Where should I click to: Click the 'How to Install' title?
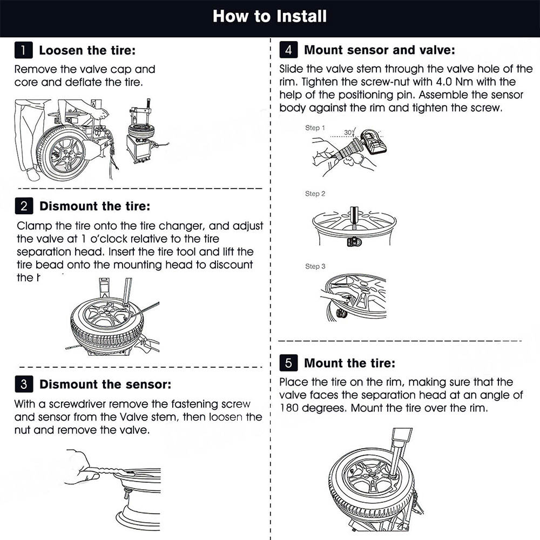coord(269,16)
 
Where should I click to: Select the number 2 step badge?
coord(23,206)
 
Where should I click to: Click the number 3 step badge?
coord(23,384)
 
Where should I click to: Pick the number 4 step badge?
coord(288,50)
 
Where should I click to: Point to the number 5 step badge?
coord(288,363)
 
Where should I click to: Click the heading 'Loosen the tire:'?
coord(87,51)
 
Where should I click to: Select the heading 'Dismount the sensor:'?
coord(105,384)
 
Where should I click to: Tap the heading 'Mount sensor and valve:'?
coord(379,50)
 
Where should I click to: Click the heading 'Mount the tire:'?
coord(349,363)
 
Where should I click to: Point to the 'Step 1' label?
coord(315,128)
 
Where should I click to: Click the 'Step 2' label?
coord(315,193)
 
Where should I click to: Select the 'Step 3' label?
coord(315,266)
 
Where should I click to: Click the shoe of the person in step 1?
coord(33,175)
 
